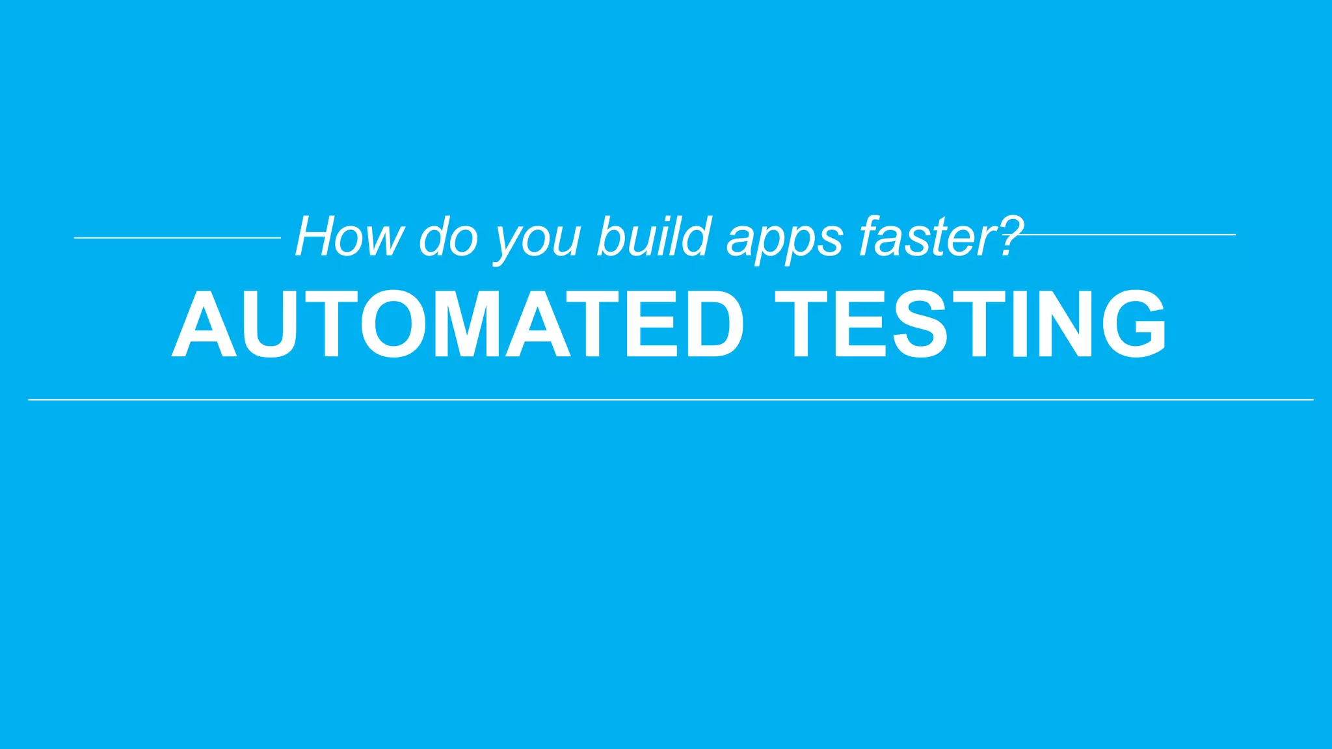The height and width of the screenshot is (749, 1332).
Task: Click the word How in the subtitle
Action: [350, 237]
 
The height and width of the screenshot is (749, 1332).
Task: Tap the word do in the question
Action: [449, 237]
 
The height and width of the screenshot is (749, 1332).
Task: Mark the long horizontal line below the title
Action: [670, 399]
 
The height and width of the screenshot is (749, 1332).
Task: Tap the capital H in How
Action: [317, 237]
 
